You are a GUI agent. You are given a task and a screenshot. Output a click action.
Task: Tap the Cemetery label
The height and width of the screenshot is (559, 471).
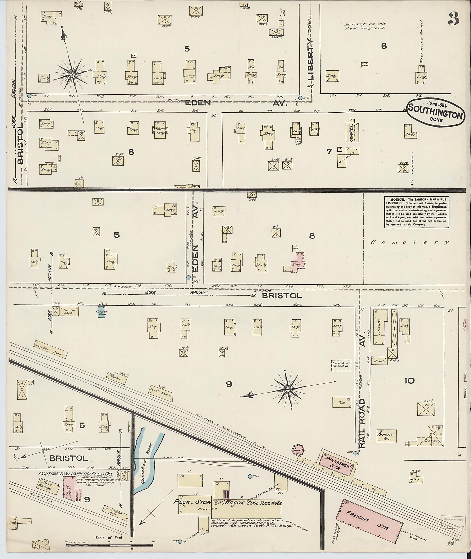410,243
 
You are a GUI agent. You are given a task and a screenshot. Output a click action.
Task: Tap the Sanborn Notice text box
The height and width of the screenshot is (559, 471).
416,212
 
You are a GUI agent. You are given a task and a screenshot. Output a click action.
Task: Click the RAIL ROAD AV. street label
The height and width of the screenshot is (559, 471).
362,422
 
